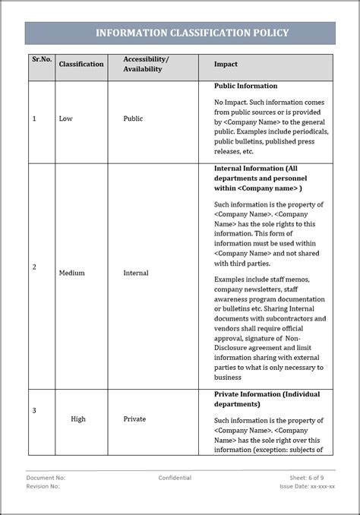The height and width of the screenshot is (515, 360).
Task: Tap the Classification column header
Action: point(81,65)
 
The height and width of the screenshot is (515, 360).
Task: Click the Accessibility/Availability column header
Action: point(146,64)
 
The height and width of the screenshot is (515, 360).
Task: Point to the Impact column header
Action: point(226,65)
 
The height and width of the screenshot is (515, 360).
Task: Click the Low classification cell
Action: point(66,119)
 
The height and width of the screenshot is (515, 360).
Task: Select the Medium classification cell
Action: point(71,273)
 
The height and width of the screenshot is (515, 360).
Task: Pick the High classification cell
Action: point(77,419)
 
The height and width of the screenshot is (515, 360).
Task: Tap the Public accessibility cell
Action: point(133,119)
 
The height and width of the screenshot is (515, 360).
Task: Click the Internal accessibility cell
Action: point(136,273)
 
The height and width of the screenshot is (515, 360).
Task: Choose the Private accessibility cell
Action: point(134,419)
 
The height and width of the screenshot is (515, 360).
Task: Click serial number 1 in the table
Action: point(34,119)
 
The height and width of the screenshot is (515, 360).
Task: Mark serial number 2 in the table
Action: point(34,267)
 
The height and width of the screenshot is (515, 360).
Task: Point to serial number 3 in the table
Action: point(34,411)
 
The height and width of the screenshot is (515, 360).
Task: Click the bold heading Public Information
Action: point(246,87)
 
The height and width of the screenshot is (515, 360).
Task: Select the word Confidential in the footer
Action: point(175,478)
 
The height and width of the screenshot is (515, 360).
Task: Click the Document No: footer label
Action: point(46,478)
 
